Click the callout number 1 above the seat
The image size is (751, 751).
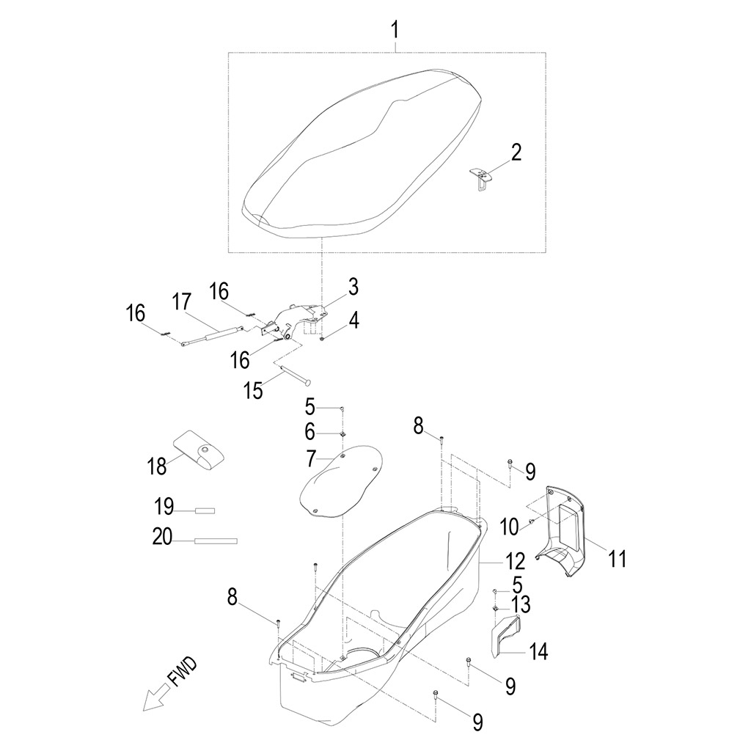tap(395, 29)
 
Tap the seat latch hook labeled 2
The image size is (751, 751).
tap(480, 177)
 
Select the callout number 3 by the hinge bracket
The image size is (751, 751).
tap(353, 287)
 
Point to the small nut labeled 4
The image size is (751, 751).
tap(323, 339)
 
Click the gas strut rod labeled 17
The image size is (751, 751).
tap(213, 335)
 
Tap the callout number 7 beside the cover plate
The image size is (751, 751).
tap(311, 458)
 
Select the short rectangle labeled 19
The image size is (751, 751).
tap(205, 511)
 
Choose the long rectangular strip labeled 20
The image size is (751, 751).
tap(216, 541)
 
